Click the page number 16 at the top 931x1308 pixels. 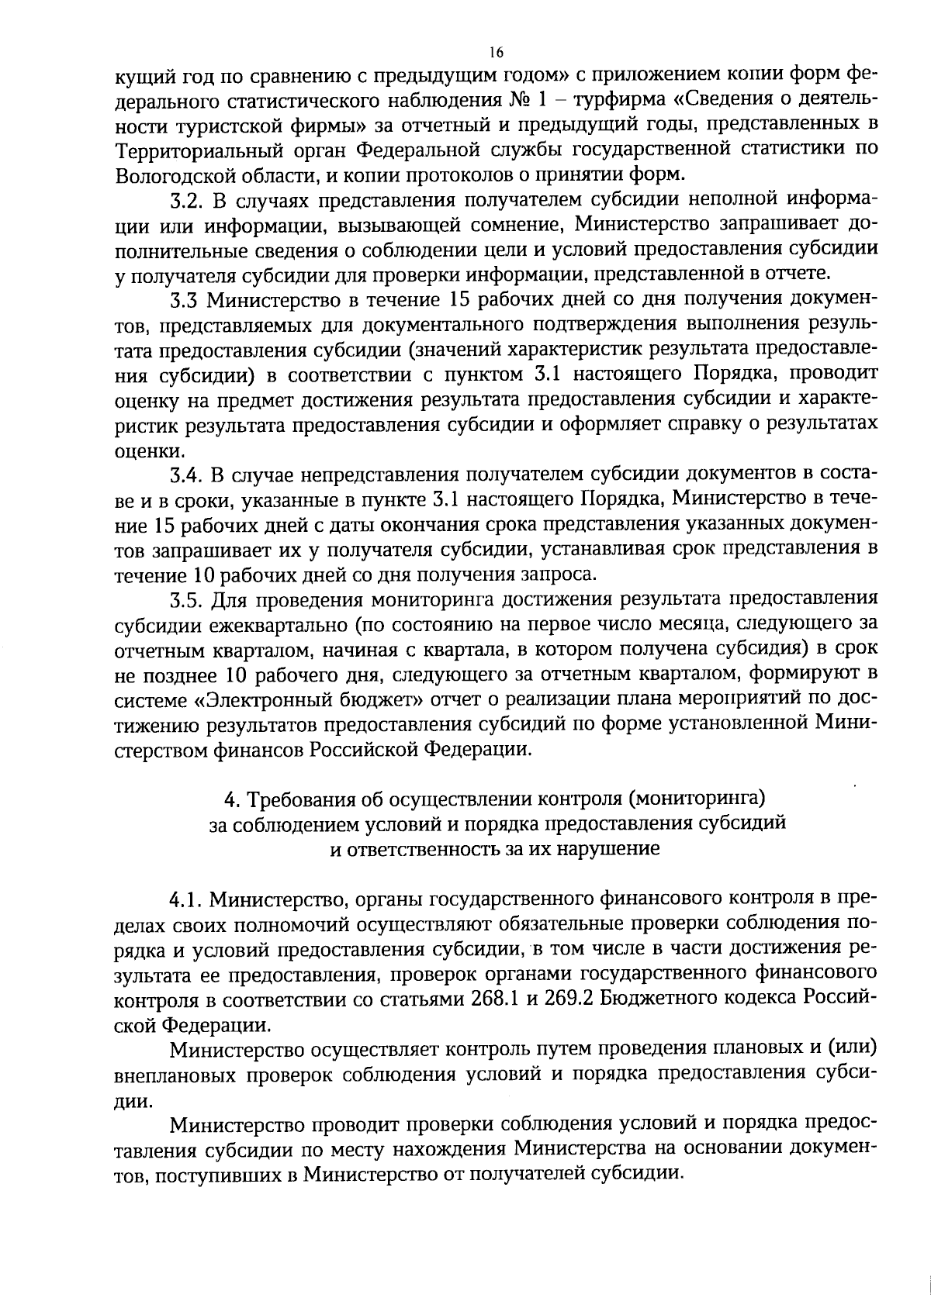coord(497,52)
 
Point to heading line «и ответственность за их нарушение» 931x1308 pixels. coord(496,848)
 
